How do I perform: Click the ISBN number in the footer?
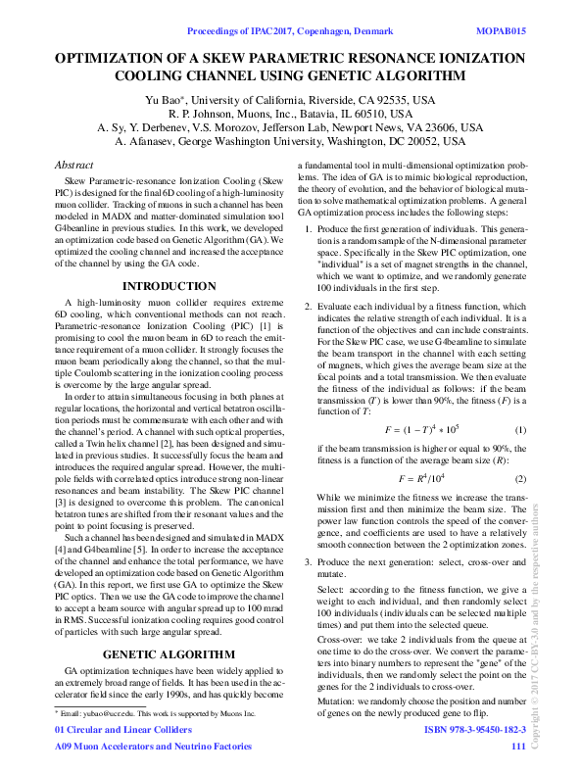(x=475, y=730)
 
